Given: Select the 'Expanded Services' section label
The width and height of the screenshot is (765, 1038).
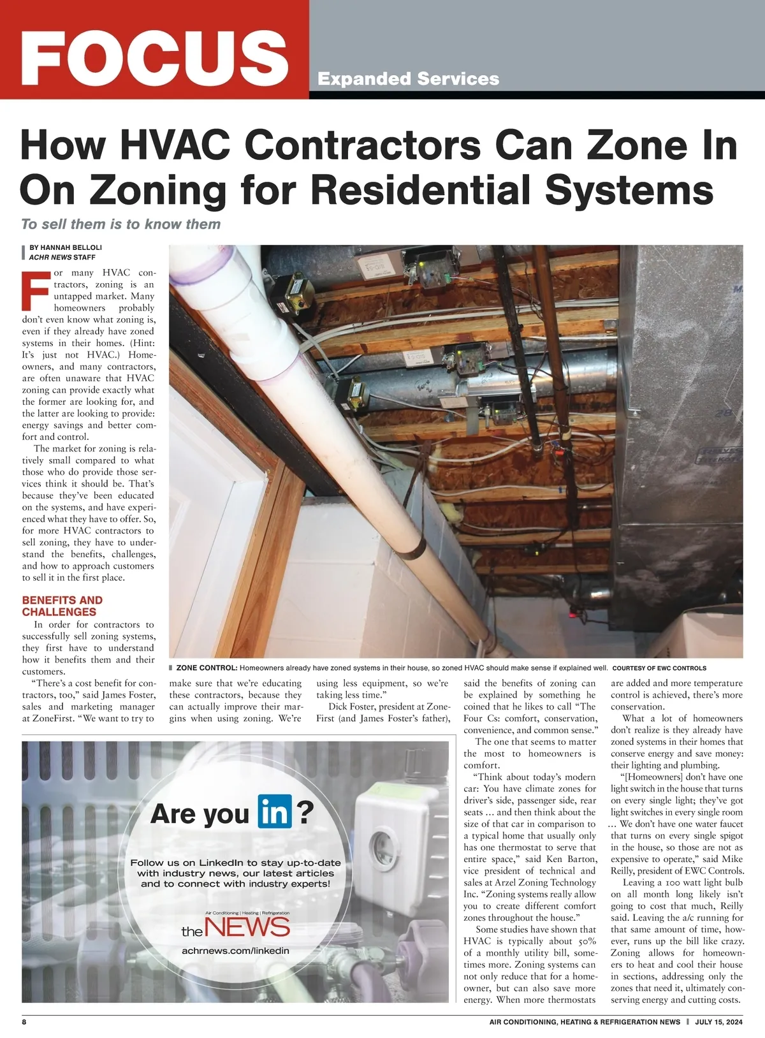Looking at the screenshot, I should tap(408, 79).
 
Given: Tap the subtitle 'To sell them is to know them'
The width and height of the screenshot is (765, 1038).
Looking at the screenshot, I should tap(120, 224).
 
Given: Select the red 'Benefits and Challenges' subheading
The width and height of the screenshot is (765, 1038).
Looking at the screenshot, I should tap(62, 606).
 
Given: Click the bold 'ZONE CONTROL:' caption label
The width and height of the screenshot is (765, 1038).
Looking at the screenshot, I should tap(207, 668).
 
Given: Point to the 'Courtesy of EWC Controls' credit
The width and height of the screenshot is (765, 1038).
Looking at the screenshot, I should tap(659, 668).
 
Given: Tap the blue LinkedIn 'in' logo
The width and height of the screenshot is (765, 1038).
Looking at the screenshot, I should tap(275, 812).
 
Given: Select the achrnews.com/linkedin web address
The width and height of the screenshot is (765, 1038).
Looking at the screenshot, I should tap(235, 951).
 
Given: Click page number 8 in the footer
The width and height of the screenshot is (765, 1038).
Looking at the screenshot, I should tap(24, 1021).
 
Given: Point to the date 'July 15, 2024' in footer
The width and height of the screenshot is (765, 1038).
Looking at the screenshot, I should tap(719, 1021).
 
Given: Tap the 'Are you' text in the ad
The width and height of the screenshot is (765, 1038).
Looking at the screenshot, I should tap(199, 814).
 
